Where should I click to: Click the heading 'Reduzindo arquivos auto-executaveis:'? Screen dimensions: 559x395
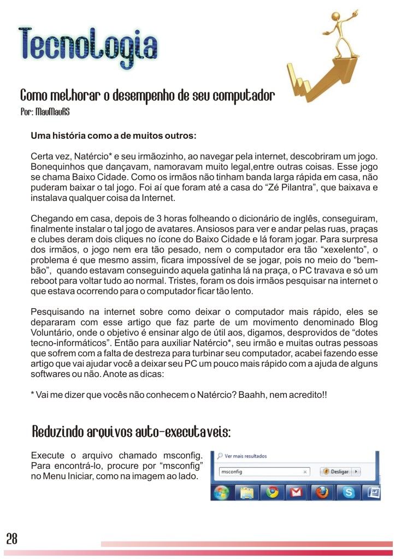pos(131,433)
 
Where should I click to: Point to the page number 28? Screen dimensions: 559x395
pos(11,539)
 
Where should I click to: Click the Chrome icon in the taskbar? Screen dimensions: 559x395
pos(272,493)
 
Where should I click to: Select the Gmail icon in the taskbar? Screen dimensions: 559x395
pos(296,493)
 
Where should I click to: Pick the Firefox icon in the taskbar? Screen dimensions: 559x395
pos(322,493)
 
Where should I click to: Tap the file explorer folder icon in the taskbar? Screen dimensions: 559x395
pos(247,493)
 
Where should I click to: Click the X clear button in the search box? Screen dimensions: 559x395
pos(305,472)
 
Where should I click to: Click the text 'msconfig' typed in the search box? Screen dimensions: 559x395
pos(231,472)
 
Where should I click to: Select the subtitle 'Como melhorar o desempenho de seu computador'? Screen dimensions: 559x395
pos(147,97)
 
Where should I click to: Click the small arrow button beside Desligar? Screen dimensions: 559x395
pos(356,472)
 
